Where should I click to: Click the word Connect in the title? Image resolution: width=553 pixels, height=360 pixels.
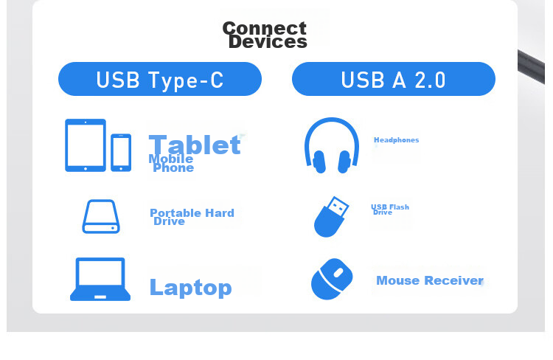click(x=264, y=28)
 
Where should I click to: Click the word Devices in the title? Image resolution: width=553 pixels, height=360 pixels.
click(x=268, y=41)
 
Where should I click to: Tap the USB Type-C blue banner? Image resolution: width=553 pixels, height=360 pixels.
click(x=160, y=79)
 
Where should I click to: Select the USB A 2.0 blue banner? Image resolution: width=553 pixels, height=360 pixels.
click(x=394, y=79)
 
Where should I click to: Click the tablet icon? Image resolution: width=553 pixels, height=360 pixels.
click(x=86, y=145)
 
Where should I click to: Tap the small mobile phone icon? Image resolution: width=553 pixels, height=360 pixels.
click(x=121, y=153)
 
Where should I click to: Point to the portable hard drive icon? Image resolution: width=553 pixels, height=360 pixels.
click(x=101, y=216)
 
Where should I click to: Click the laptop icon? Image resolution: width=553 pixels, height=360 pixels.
click(x=100, y=279)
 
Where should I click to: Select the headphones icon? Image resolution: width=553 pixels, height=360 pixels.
click(x=332, y=145)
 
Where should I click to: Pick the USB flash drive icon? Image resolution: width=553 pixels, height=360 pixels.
click(x=331, y=217)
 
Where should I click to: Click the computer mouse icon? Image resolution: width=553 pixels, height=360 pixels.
click(x=332, y=279)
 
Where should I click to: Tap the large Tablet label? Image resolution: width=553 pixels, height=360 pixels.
click(x=195, y=145)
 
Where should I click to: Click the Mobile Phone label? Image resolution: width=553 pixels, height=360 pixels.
click(x=171, y=164)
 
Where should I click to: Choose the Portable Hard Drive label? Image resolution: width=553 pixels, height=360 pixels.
click(x=192, y=217)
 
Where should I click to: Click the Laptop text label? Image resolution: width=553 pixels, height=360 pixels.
click(x=191, y=288)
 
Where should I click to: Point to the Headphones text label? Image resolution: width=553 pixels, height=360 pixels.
click(x=397, y=140)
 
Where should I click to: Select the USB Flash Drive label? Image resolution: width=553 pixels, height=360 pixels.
click(x=390, y=210)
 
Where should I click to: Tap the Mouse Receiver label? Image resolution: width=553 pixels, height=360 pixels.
click(x=430, y=280)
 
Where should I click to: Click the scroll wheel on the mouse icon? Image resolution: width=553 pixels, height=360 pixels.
click(x=338, y=273)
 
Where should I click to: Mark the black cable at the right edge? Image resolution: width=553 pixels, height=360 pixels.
click(x=531, y=67)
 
